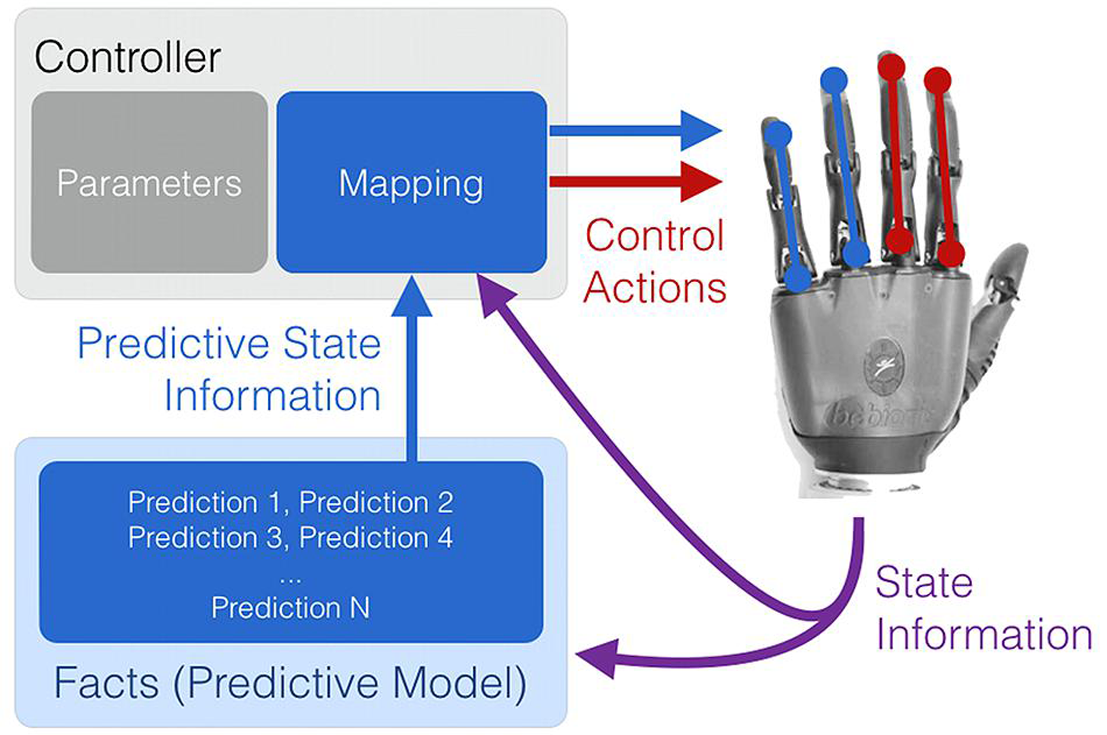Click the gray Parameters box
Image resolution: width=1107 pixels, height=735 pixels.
click(149, 182)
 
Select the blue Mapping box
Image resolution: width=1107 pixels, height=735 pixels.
click(411, 182)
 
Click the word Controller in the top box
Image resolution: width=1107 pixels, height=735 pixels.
click(127, 57)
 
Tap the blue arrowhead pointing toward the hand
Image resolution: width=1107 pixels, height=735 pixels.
click(699, 131)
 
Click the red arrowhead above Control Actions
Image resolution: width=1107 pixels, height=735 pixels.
click(699, 181)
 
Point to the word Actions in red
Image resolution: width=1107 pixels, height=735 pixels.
click(654, 288)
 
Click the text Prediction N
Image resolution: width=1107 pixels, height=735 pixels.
click(290, 608)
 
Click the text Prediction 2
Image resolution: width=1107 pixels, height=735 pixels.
click(376, 502)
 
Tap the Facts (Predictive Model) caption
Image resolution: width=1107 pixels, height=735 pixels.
click(290, 683)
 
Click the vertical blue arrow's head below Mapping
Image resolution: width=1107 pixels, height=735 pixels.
click(411, 300)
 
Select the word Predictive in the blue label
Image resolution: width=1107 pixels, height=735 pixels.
click(173, 344)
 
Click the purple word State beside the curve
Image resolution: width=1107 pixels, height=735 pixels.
click(924, 583)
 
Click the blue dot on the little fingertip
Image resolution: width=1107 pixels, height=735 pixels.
click(778, 134)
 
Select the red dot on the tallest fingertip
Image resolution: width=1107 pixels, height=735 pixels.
click(891, 66)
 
